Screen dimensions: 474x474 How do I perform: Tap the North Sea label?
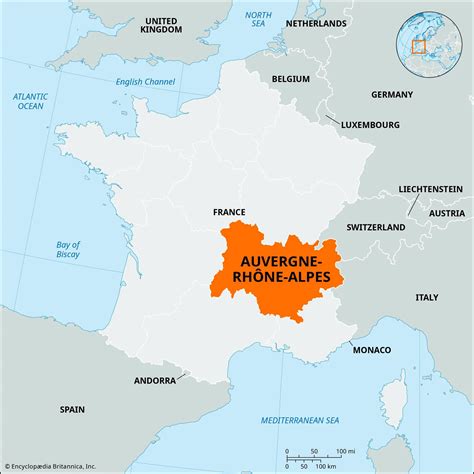click(x=259, y=21)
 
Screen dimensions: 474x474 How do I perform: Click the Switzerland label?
click(x=375, y=228)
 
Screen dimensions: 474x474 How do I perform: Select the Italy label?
click(x=427, y=297)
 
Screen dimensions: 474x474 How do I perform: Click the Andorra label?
click(x=155, y=381)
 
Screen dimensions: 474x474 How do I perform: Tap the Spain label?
click(x=72, y=409)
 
